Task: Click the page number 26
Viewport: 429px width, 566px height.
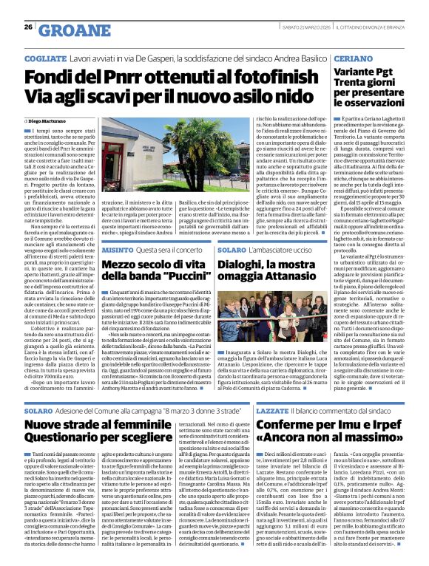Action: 28,27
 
